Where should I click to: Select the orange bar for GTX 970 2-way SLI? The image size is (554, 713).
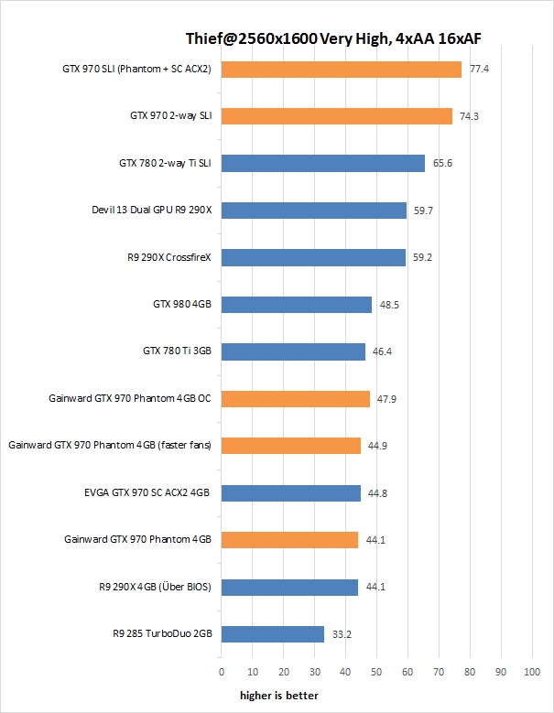336,116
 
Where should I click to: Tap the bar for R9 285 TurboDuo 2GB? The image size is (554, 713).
272,634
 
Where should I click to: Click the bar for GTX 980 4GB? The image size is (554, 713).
296,305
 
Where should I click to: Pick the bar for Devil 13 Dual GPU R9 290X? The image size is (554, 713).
313,211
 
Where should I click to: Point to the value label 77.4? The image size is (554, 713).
477,69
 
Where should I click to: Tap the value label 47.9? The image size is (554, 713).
388,399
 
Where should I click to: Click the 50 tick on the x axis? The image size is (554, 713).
376,672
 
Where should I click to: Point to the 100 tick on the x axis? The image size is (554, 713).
531,672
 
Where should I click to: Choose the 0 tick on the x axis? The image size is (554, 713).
221,672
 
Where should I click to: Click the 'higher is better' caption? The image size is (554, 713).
279,696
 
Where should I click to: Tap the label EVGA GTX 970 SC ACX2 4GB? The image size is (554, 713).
147,492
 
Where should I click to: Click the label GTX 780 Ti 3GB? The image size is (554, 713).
177,351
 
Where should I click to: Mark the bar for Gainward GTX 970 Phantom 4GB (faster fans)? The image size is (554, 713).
290,446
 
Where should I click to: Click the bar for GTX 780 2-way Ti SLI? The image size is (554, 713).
322,163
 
